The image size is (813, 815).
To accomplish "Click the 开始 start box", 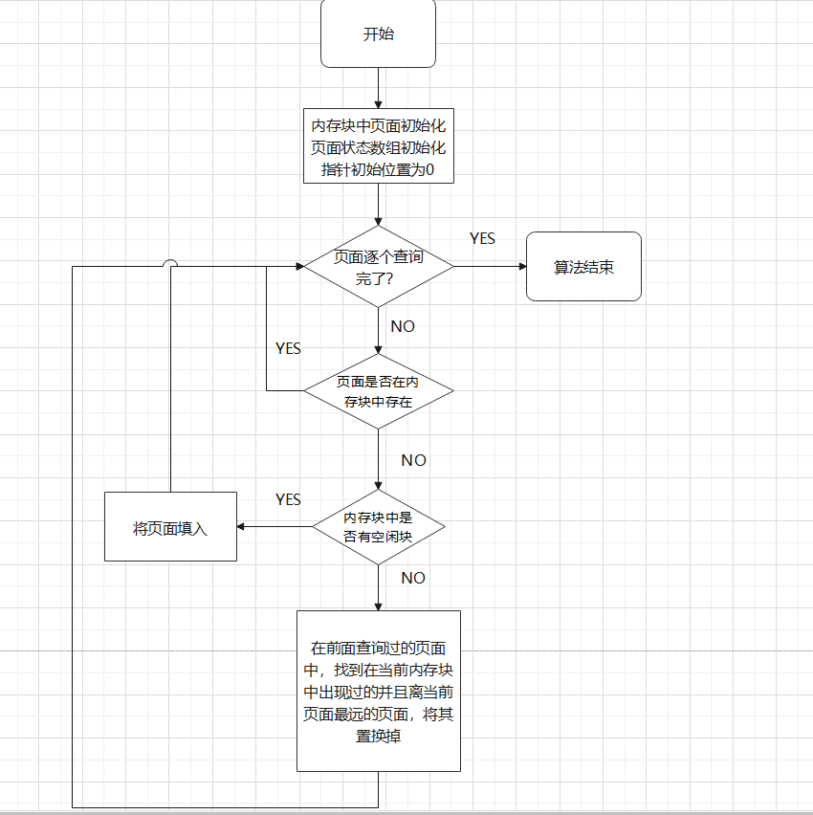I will (x=378, y=33).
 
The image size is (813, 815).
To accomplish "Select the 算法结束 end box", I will (x=583, y=267).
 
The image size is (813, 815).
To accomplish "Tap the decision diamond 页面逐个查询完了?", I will (x=378, y=267).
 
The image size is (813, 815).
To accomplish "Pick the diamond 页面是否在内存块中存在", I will (x=378, y=391).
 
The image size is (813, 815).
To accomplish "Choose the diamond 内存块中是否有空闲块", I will (x=378, y=526).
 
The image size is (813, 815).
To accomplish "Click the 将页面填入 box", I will (x=170, y=526).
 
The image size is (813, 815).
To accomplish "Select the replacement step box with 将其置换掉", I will (x=378, y=690).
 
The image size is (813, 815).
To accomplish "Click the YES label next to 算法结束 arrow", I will (x=482, y=238).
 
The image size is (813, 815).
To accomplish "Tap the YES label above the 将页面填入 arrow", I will (x=288, y=499).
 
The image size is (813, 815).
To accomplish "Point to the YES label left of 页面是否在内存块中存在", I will (x=288, y=348).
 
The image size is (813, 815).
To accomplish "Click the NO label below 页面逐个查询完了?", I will (x=403, y=326).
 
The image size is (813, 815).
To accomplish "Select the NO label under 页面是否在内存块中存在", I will (x=413, y=460).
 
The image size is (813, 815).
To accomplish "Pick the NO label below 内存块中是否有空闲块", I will (x=413, y=578).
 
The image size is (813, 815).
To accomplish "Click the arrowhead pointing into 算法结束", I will (x=520, y=267).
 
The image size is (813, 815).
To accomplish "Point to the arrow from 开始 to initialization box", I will (x=378, y=88).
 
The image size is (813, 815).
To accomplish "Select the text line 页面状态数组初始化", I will (x=378, y=148).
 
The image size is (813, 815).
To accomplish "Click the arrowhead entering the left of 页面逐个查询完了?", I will (x=297, y=267).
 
